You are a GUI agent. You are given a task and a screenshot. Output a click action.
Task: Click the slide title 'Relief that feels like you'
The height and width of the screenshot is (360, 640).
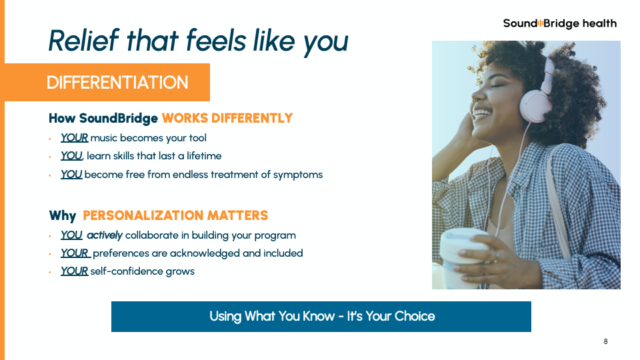click(199, 41)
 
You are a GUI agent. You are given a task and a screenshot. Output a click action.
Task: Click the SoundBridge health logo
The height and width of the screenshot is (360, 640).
click(559, 24)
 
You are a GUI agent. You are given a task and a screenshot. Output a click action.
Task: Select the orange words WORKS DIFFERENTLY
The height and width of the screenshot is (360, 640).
click(227, 118)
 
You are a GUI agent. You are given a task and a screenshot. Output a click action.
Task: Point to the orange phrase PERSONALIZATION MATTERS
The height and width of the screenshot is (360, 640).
click(175, 215)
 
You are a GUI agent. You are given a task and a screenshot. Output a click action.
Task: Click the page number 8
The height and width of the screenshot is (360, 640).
click(606, 341)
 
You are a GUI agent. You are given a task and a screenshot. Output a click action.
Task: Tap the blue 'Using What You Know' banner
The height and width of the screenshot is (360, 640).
click(321, 316)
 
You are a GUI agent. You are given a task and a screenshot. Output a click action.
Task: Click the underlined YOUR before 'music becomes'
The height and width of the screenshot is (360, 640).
click(74, 138)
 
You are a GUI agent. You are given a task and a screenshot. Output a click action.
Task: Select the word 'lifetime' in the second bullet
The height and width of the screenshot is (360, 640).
click(204, 156)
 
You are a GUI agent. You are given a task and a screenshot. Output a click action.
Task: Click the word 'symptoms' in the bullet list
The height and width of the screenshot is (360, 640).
click(298, 175)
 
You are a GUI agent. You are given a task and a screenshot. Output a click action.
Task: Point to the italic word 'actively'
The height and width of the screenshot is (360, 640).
click(105, 235)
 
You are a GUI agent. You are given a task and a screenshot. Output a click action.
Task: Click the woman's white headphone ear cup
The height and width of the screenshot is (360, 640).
click(536, 106)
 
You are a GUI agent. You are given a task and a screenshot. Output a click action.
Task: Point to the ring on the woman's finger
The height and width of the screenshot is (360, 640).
click(497, 256)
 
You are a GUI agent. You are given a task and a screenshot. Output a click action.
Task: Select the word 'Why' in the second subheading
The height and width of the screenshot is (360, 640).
click(63, 215)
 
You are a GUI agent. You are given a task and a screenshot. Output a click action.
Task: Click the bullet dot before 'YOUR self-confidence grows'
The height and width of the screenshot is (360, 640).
click(50, 272)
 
